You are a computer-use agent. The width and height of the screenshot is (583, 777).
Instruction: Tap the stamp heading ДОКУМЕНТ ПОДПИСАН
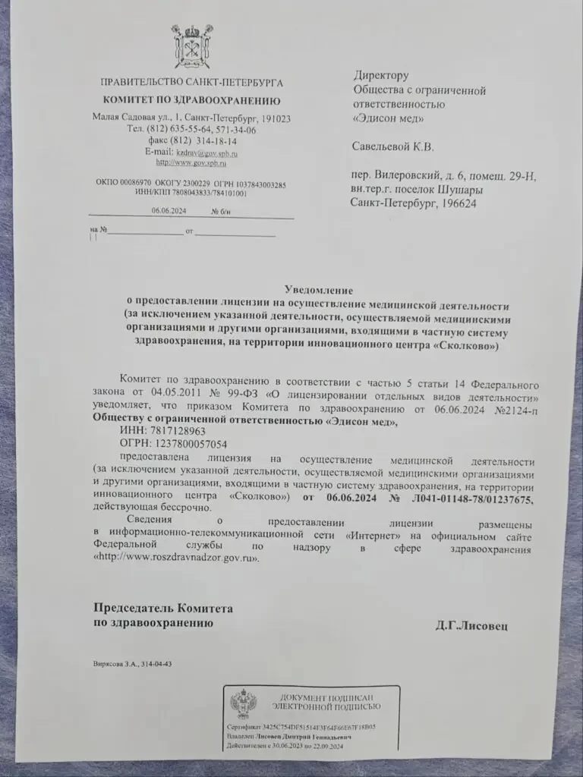(x=326, y=697)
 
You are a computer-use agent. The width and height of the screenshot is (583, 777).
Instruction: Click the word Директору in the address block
(x=381, y=75)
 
